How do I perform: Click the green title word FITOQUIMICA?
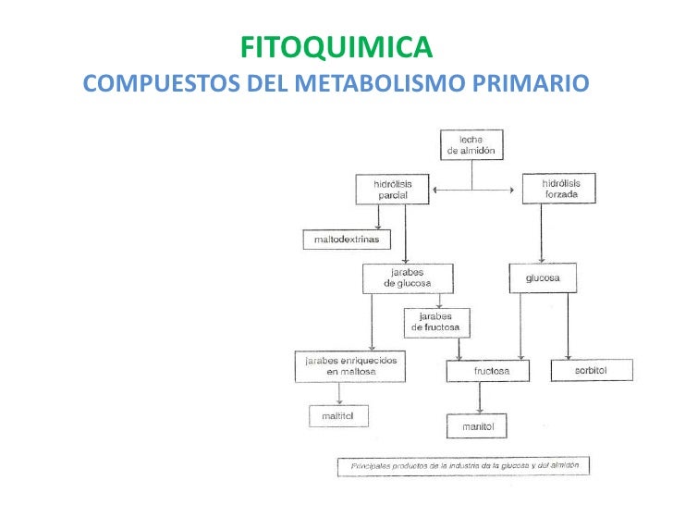pos(336,46)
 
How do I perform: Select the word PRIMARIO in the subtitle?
pos(531,85)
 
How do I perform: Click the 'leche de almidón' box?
pos(471,144)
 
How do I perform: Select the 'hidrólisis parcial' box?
pos(393,190)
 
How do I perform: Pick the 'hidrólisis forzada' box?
pos(558,189)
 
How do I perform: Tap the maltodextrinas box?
pos(347,240)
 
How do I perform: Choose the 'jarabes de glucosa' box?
pos(408,277)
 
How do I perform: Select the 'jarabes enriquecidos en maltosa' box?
pos(350,365)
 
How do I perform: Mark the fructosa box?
pos(491,371)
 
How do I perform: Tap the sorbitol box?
pos(592,370)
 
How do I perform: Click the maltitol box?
pos(337,417)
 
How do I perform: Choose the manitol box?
pos(479,426)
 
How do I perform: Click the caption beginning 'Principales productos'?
pos(463,466)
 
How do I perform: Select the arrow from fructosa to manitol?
pos(479,399)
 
